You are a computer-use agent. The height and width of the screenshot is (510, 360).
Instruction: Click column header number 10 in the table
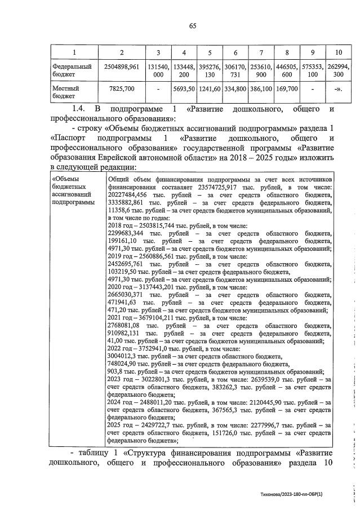click(338, 52)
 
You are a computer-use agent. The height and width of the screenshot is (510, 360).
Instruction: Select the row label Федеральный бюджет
click(68, 70)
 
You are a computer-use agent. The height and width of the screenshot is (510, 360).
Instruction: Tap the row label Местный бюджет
click(61, 92)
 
